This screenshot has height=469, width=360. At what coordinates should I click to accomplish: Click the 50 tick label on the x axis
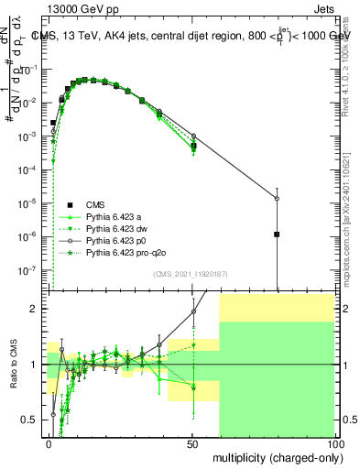click(192, 442)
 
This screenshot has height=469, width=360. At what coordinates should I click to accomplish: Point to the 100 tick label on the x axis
click(334, 442)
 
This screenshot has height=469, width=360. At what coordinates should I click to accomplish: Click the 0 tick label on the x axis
click(49, 442)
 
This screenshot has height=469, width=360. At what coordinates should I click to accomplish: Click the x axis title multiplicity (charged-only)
click(274, 457)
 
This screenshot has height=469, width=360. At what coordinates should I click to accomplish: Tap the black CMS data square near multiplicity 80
click(277, 234)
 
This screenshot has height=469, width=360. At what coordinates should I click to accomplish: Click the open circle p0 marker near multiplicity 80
click(277, 199)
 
